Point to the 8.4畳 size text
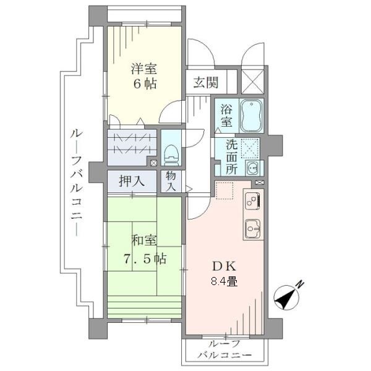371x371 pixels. [x=223, y=281]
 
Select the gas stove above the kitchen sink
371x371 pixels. [x=253, y=200]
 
